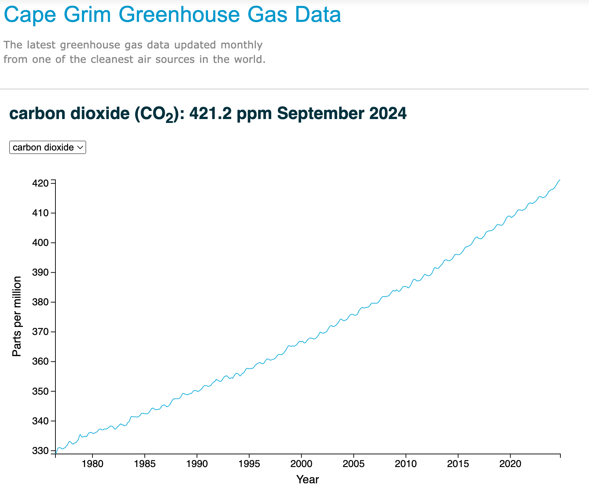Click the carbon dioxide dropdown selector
coord(47,147)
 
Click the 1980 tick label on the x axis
coord(93,464)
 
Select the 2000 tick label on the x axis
coord(301,464)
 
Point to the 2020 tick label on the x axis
coord(510,464)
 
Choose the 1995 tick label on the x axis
coord(249,464)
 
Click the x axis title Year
coord(308,479)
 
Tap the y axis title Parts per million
coord(17,317)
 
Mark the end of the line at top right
coord(560,180)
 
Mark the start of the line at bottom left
coord(56,453)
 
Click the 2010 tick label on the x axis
coord(406,464)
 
